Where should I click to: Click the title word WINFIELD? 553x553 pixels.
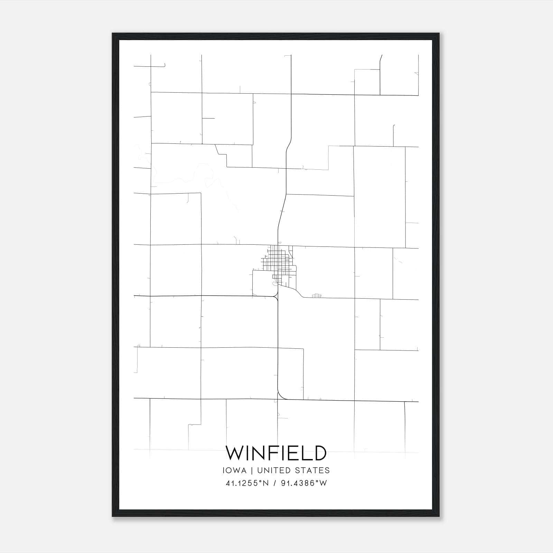tap(276, 453)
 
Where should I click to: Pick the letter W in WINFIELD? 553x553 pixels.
tap(235, 453)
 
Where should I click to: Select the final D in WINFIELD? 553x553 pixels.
tap(319, 453)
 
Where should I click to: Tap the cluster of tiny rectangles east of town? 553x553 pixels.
tap(316, 296)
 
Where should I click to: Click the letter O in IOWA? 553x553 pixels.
tap(231, 470)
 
